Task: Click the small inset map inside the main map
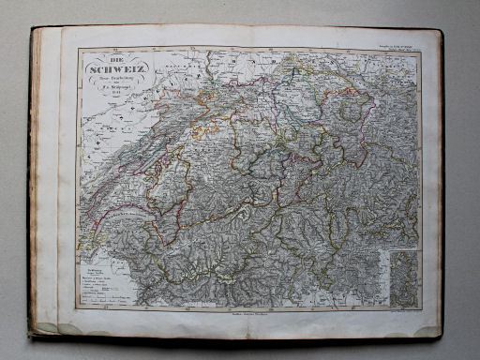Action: coord(405,279)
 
